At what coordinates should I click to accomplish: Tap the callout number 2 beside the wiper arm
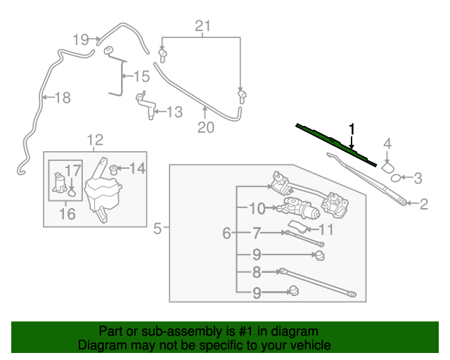tap(424, 205)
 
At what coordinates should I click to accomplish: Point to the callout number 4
tap(387, 145)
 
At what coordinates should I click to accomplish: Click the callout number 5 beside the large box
tap(157, 228)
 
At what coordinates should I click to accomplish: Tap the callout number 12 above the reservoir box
tap(95, 140)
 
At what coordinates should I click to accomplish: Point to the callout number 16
tap(67, 214)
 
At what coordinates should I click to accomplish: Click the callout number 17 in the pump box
tap(73, 169)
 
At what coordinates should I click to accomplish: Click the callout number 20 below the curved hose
tap(205, 127)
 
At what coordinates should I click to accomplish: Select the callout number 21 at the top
tap(202, 27)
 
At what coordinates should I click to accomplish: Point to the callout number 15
tap(141, 76)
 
